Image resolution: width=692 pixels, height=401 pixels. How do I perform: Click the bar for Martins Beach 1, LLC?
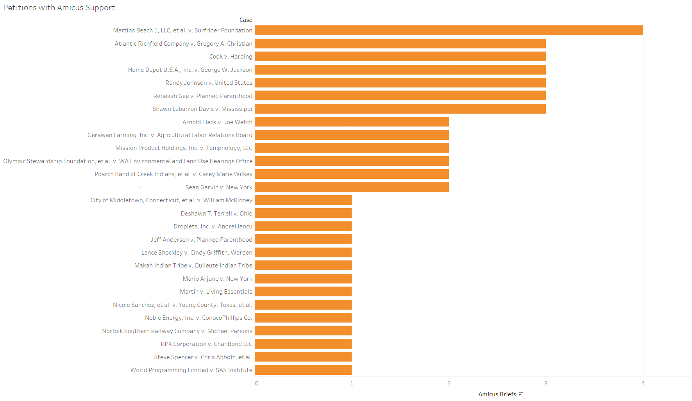pos(449,30)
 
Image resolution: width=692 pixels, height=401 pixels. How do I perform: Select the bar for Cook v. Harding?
pos(400,57)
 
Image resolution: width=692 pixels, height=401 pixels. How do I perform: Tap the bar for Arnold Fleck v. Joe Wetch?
pos(352,122)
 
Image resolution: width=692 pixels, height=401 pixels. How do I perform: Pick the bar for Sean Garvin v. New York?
pos(352,187)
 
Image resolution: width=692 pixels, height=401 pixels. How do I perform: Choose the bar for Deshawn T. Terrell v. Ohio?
pos(303,213)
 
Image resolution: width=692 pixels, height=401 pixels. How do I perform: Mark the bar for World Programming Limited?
pos(303,370)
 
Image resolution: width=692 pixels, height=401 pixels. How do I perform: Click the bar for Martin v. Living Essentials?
pos(303,292)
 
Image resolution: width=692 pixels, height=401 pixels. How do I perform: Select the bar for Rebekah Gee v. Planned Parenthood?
pos(400,96)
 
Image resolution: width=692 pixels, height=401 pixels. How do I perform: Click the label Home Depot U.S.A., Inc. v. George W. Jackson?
pos(190,70)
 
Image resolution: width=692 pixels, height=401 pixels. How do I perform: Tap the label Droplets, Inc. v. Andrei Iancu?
pos(213,226)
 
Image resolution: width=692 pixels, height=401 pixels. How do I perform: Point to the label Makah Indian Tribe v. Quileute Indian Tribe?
pos(193,266)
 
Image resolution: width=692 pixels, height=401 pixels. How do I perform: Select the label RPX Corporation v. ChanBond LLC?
pos(206,344)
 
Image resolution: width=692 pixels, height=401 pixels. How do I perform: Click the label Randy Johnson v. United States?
pos(209,83)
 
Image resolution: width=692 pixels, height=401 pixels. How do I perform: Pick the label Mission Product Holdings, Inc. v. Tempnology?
pos(184,148)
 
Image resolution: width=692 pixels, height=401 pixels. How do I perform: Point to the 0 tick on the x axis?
pos(257,383)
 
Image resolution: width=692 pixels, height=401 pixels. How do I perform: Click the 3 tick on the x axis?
pos(546,383)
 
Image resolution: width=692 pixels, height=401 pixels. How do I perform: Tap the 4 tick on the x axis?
pos(643,383)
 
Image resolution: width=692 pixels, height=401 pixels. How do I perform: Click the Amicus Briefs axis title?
pos(497,394)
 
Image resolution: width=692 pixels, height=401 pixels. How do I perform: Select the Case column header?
pos(246,20)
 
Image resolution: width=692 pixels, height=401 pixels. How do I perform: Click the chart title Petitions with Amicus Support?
pos(59,7)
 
